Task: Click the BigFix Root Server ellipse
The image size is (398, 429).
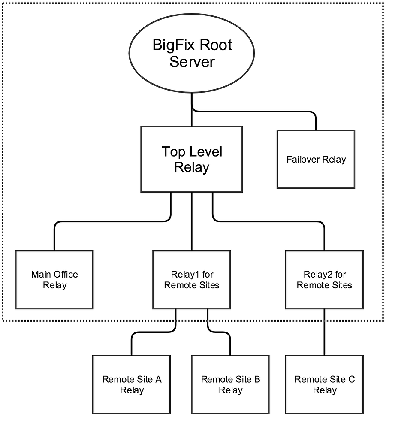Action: [192, 54]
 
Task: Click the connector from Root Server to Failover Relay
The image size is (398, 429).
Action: [257, 112]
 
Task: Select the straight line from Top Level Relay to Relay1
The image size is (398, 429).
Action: [192, 221]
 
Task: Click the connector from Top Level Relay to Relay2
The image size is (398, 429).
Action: [270, 221]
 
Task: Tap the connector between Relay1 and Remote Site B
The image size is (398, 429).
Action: [219, 332]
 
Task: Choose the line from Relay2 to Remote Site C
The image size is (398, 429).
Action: [324, 332]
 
